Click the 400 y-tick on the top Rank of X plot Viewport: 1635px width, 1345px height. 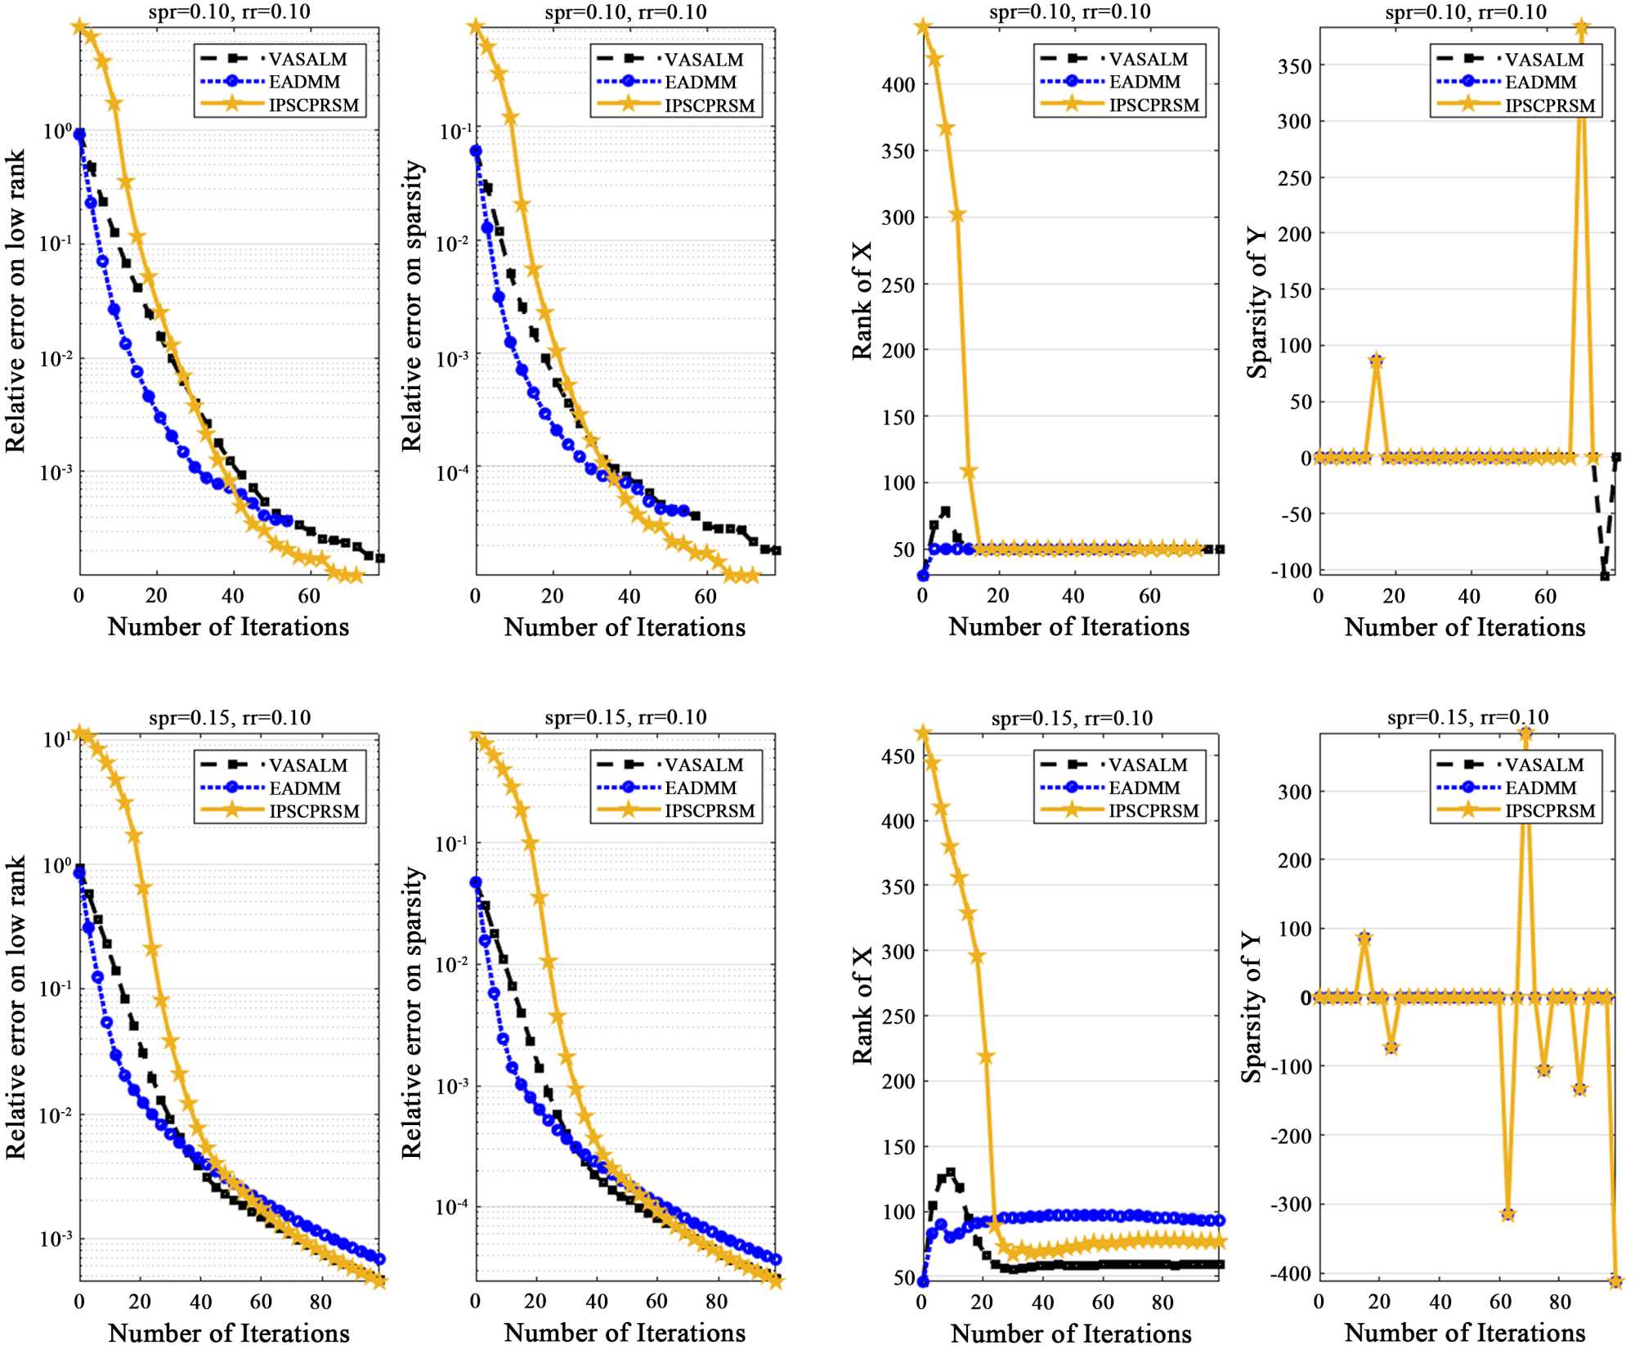898,85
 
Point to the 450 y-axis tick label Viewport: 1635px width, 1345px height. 898,756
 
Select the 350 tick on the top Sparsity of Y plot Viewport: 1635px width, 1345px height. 1294,66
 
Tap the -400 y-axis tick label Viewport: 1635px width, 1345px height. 1290,1274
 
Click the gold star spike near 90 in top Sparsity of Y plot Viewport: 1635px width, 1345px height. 1377,361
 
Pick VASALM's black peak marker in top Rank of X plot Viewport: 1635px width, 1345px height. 946,512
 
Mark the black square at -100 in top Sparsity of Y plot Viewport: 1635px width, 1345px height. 1605,576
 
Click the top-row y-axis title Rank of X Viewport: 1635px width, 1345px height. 862,300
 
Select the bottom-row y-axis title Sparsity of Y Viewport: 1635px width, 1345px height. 1252,1007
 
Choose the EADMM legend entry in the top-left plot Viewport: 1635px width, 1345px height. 304,82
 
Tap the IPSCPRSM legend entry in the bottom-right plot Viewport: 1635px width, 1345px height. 1550,811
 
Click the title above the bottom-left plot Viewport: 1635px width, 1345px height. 230,718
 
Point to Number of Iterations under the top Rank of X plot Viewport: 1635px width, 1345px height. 1068,627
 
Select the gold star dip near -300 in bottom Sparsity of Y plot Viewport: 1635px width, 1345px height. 1508,1214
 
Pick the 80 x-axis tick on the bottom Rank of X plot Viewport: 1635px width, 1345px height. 1162,1302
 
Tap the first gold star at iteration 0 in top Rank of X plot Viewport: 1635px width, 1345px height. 923,27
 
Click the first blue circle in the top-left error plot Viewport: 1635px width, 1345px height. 79,135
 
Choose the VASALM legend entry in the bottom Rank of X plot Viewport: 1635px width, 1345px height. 1147,765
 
